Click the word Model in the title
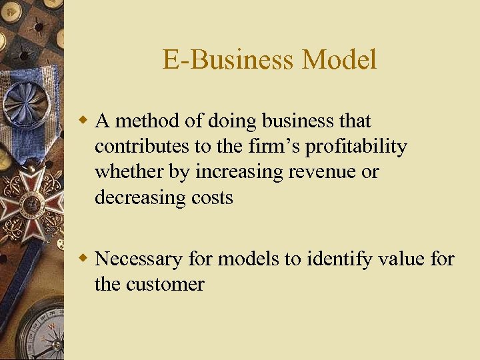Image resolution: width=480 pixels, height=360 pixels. pyautogui.click(x=339, y=60)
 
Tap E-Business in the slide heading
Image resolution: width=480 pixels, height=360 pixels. pyautogui.click(x=228, y=60)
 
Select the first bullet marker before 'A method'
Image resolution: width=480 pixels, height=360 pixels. pyautogui.click(x=84, y=121)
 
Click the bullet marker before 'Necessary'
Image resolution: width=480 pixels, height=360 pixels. pyautogui.click(x=84, y=258)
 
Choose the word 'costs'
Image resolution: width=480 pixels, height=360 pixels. pyautogui.click(x=211, y=197)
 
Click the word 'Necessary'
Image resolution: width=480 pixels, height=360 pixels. pyautogui.click(x=138, y=259)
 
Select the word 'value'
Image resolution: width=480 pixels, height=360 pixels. pyautogui.click(x=396, y=259)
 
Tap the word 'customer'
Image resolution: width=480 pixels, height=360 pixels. pyautogui.click(x=163, y=284)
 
